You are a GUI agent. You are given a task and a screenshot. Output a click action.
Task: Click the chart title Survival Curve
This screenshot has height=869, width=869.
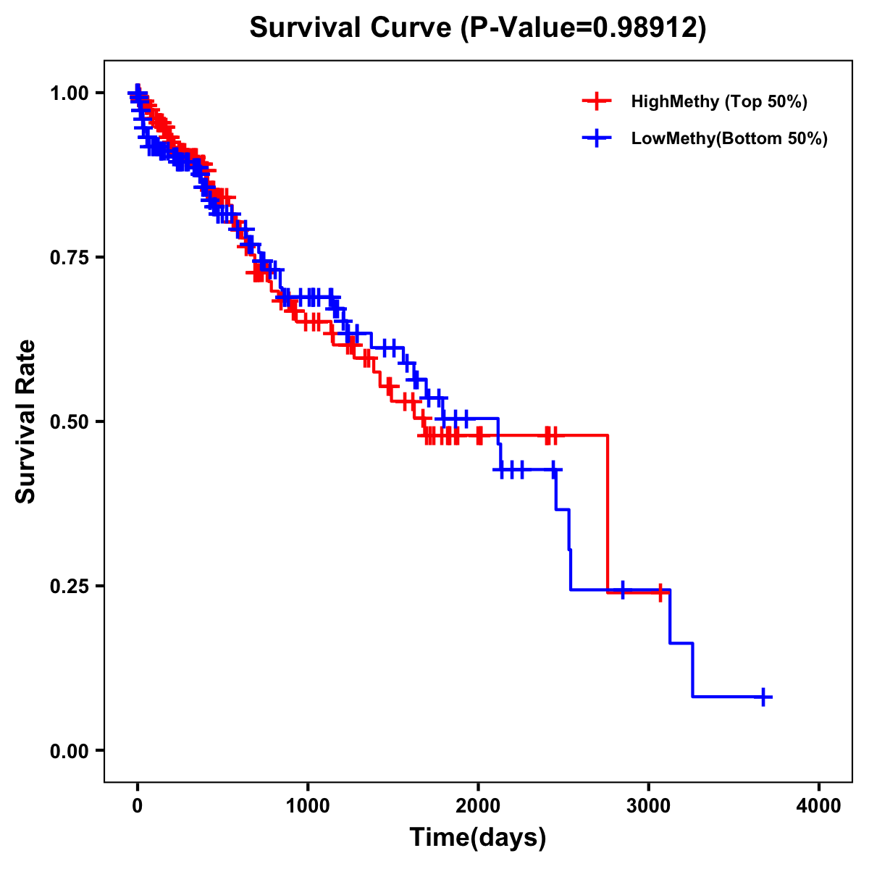(351, 28)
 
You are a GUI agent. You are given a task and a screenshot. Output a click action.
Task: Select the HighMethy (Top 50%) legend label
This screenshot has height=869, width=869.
(718, 101)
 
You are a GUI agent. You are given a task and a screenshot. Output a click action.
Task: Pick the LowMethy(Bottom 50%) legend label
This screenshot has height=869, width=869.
(729, 139)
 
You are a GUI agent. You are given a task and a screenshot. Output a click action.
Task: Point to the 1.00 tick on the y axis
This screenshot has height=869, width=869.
(70, 93)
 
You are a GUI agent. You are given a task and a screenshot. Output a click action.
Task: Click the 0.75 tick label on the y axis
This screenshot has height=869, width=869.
(70, 257)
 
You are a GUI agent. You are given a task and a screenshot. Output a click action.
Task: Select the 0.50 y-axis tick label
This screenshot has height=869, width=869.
(70, 421)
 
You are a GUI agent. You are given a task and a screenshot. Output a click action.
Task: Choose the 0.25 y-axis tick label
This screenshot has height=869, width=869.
(70, 586)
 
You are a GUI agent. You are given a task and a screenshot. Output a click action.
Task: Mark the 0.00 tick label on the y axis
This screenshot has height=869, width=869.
(70, 750)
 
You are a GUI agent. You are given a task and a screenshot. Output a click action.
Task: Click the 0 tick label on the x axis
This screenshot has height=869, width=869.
(138, 806)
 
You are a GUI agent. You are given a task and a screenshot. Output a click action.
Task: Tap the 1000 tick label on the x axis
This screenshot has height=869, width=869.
(308, 806)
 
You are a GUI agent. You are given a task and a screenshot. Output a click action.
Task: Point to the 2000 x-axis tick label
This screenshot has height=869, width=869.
(478, 806)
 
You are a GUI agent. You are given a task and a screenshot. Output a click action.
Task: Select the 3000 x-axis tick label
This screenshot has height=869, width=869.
(649, 806)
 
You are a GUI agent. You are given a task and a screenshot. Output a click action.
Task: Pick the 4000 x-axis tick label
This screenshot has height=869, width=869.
(819, 806)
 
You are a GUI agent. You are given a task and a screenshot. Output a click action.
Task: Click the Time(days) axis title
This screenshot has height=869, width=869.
(478, 838)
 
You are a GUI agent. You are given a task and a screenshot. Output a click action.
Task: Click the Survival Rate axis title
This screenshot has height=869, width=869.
(26, 421)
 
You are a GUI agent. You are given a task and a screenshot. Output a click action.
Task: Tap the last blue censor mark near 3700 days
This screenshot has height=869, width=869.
(763, 697)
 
